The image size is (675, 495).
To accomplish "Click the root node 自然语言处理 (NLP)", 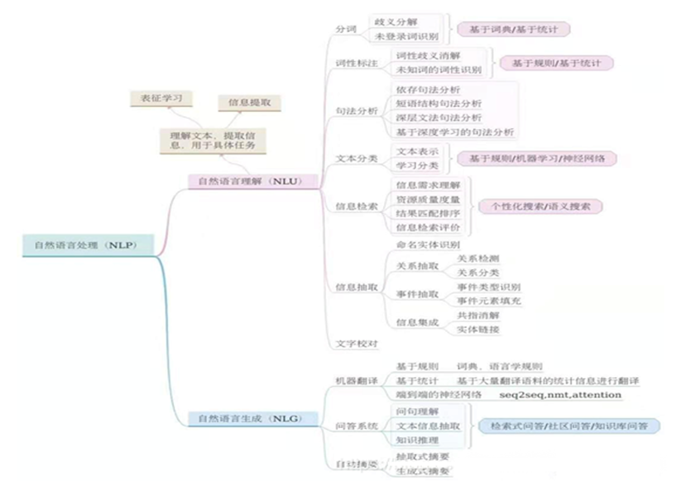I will coord(80,246).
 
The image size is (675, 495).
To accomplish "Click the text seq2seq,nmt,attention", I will coord(559,396).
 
